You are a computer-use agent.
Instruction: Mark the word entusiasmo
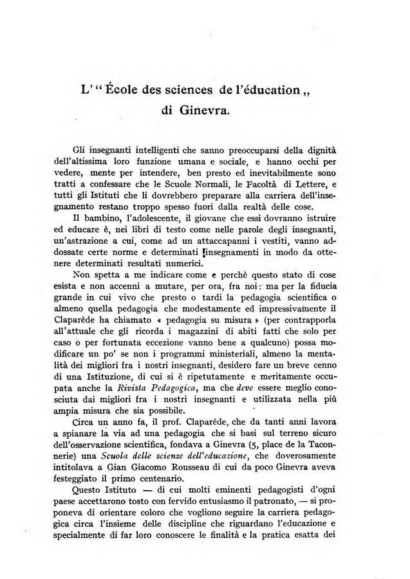(x=247, y=513)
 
